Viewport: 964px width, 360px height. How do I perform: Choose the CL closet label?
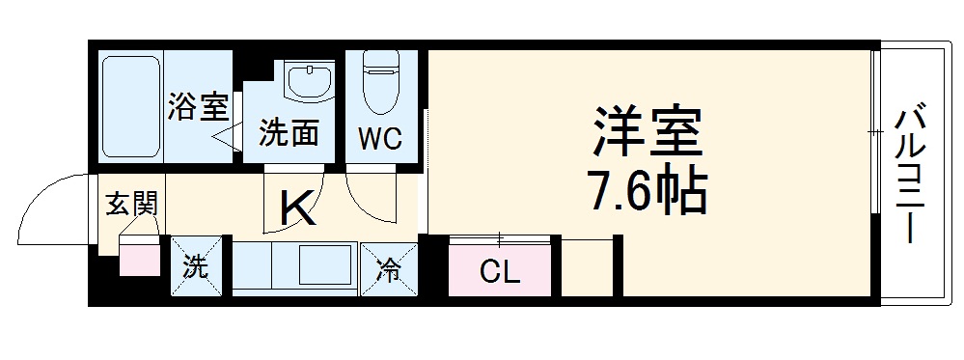[500, 271]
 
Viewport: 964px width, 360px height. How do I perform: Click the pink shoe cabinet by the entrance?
[140, 259]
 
